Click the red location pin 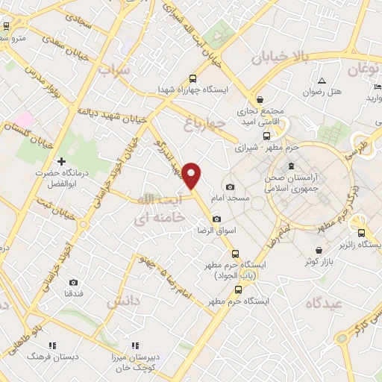[192, 175]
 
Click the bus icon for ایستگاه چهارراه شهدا [193, 78]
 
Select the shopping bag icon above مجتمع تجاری [260, 98]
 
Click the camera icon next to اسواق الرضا [216, 219]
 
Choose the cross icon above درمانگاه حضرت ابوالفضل [61, 161]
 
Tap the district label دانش [123, 301]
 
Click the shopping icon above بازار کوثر [319, 250]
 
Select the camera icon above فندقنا [73, 282]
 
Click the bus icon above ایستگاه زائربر [361, 231]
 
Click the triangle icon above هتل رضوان [322, 81]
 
